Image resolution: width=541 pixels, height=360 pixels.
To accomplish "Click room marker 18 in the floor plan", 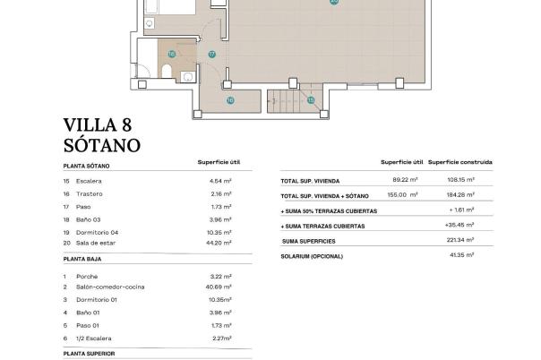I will (171, 54).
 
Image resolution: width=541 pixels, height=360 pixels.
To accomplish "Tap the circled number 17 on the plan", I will (212, 54).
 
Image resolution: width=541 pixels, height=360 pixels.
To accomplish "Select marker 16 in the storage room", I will (229, 100).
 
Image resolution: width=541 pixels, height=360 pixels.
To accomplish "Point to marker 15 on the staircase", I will (311, 100).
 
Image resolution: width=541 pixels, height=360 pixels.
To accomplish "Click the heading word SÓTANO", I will (103, 144).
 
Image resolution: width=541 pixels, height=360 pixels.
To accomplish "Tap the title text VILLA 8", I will (99, 124).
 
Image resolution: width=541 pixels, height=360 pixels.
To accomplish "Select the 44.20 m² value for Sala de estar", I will (219, 243).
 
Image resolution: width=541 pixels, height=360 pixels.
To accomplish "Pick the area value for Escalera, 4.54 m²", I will (220, 180).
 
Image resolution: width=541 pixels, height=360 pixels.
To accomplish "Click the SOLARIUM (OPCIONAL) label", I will (313, 256).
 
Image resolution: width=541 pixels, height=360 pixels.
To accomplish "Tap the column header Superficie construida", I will (459, 162).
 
